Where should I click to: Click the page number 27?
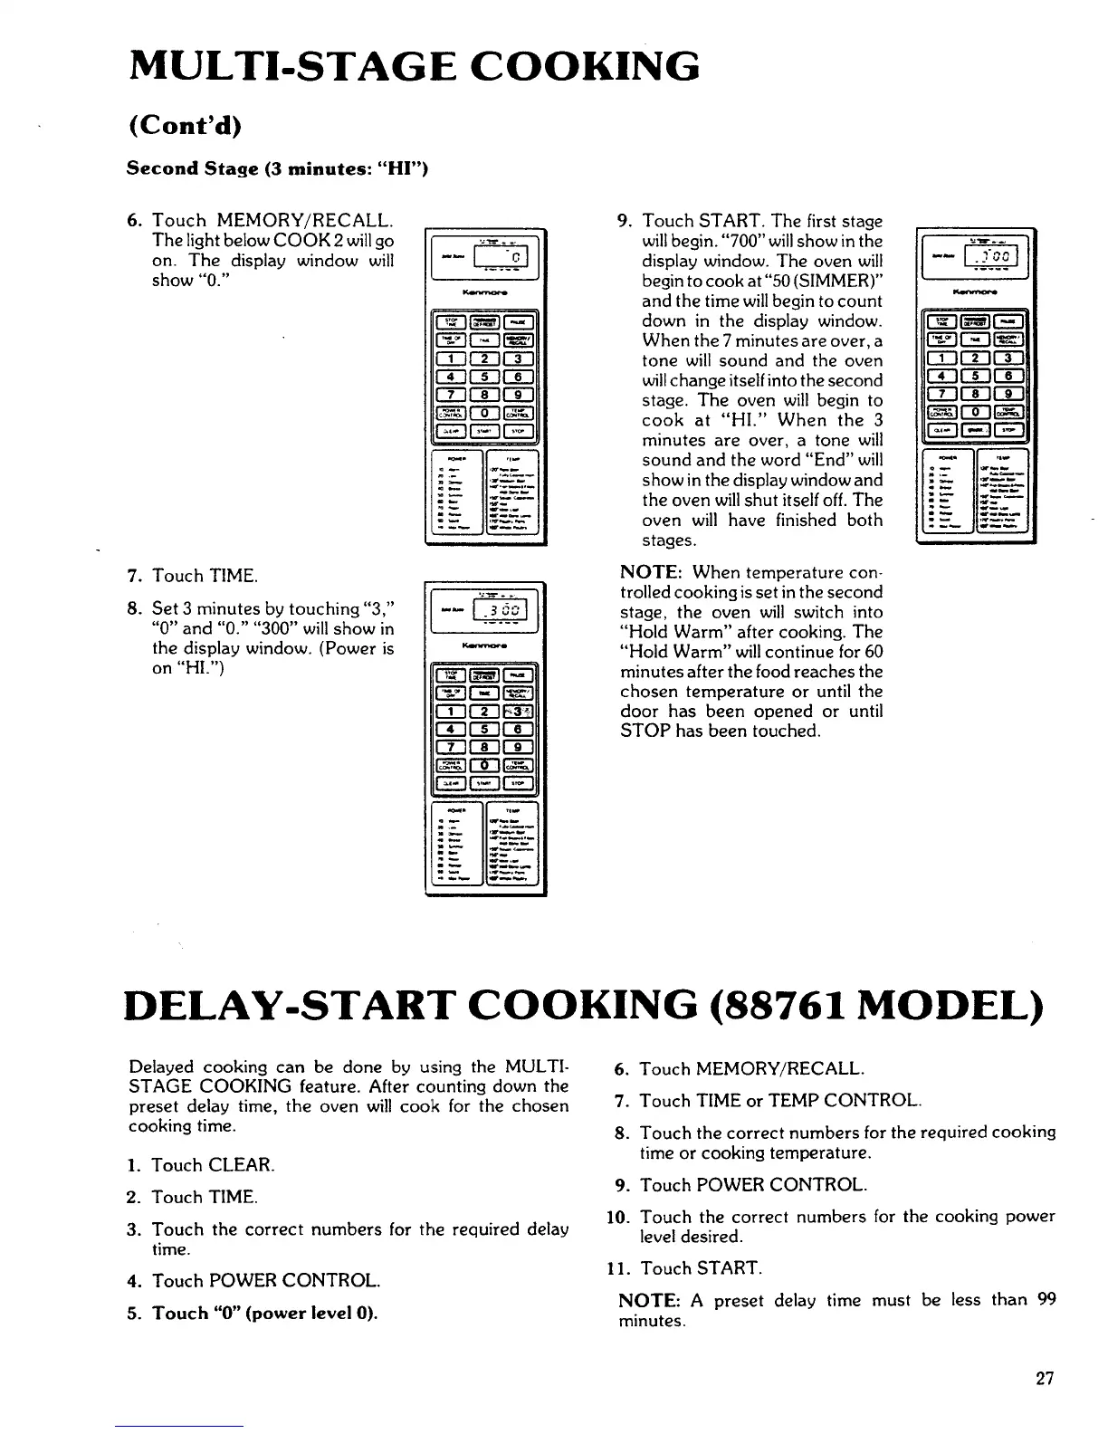click(x=1045, y=1380)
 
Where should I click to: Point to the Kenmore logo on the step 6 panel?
click(x=486, y=292)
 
